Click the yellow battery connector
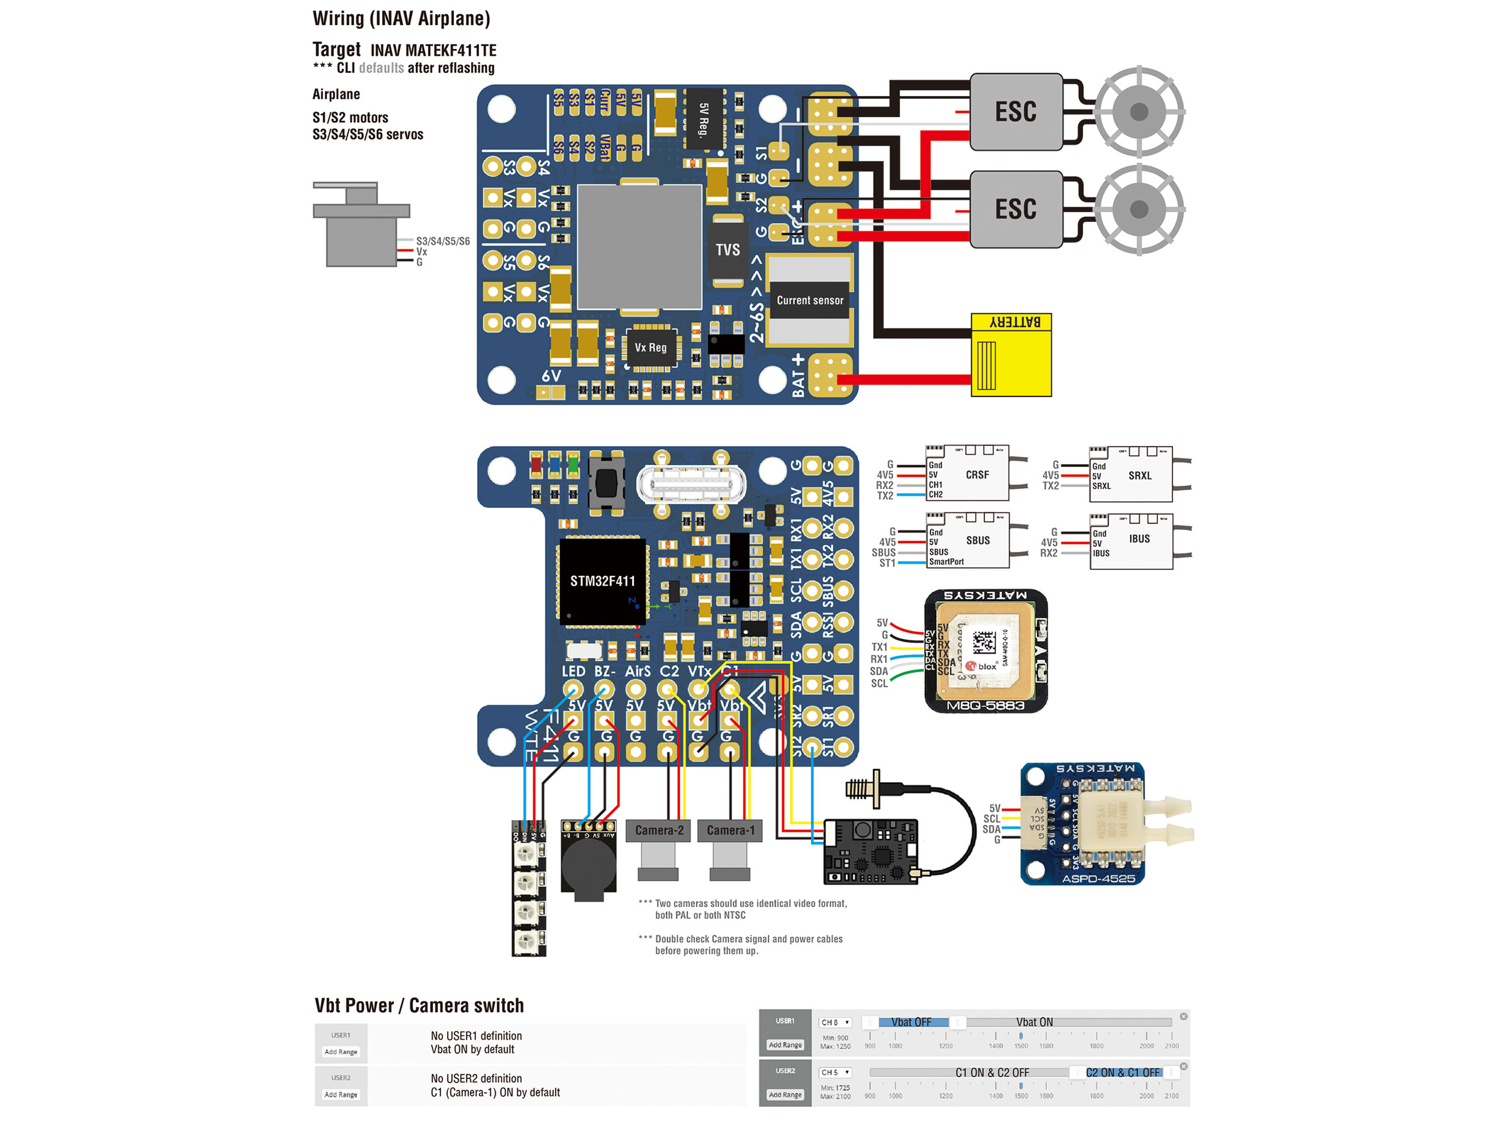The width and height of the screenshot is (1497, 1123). (1010, 355)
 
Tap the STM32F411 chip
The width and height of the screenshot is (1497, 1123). (602, 581)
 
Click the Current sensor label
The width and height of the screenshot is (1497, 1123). (809, 300)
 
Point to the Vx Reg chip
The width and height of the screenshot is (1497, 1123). (650, 348)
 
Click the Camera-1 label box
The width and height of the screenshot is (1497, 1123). (730, 830)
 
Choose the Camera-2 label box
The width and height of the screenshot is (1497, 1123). (659, 830)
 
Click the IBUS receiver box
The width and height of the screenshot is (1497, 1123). (1138, 540)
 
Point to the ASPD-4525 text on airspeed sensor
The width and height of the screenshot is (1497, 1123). (1098, 878)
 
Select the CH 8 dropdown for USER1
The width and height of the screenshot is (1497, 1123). (834, 1022)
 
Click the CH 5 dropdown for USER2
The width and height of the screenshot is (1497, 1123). (834, 1072)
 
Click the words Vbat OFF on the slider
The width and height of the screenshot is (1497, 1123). (911, 1022)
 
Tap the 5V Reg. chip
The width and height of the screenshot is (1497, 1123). (704, 119)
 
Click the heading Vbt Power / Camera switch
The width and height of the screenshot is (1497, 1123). (419, 1005)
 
